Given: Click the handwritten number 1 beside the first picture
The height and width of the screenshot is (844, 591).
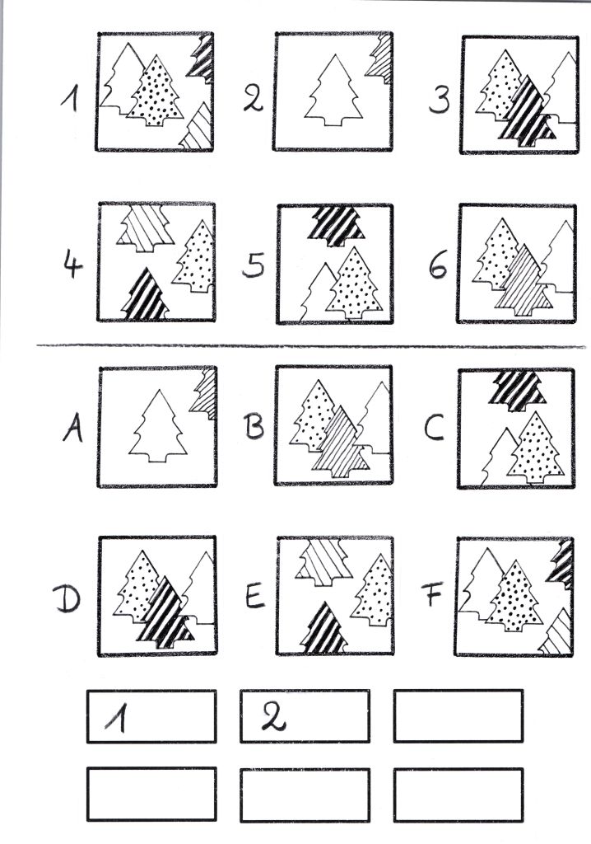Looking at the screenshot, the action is click(x=69, y=100).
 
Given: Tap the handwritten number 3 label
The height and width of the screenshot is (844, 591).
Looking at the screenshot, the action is click(x=440, y=100).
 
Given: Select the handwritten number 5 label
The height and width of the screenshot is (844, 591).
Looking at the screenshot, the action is click(x=254, y=265).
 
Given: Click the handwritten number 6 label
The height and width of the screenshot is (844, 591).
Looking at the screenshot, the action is click(x=438, y=265).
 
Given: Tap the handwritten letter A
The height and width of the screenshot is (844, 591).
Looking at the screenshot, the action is click(x=72, y=429).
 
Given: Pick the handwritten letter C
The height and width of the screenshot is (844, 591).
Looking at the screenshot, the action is click(x=434, y=429).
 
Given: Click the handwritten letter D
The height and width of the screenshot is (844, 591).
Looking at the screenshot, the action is click(x=67, y=599).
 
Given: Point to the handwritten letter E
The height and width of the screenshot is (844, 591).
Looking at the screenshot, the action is click(x=255, y=595).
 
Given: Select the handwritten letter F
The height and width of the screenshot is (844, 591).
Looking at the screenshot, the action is click(x=432, y=594).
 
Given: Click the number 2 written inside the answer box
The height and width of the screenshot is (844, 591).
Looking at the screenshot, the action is click(x=274, y=718).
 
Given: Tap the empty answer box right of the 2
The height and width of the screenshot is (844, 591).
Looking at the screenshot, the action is click(x=458, y=716).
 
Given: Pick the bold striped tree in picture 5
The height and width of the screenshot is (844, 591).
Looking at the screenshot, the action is click(x=337, y=226).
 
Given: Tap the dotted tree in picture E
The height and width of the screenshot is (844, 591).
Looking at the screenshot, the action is click(x=373, y=590).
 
